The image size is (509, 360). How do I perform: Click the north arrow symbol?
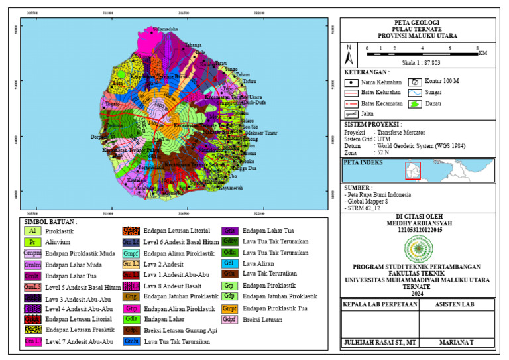click(x=349, y=51)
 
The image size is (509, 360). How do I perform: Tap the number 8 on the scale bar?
click(x=478, y=48)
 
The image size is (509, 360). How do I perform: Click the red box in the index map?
click(x=413, y=171)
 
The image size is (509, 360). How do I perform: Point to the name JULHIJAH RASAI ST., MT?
click(x=379, y=343)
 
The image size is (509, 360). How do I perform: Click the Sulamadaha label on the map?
click(x=166, y=29)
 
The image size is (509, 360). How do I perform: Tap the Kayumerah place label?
click(x=231, y=188)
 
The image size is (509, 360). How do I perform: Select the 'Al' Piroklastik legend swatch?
click(x=32, y=231)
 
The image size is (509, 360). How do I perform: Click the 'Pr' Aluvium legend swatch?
click(x=32, y=242)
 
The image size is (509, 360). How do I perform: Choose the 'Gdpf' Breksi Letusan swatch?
click(x=230, y=320)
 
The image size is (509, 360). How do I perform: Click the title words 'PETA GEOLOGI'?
click(x=417, y=22)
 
